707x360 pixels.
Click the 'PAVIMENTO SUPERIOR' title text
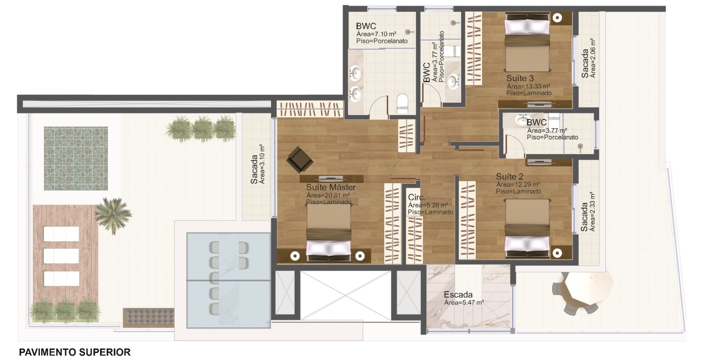75,352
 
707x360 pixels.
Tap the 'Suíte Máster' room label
331,188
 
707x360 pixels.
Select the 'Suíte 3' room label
520,78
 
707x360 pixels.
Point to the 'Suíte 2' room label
510,177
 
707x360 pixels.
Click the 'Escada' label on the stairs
458,295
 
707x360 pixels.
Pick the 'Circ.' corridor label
417,197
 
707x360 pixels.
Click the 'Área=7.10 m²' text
376,33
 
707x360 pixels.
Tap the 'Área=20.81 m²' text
328,195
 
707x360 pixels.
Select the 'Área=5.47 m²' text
464,302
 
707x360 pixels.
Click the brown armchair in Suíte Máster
299,159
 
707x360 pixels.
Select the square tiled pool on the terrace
76,158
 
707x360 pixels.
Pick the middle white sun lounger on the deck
61,256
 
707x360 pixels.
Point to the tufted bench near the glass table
148,317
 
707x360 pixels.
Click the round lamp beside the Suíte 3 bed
557,18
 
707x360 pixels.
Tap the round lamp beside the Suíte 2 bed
557,253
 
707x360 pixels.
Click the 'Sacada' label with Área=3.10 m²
255,169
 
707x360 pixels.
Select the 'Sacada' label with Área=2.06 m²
585,63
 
